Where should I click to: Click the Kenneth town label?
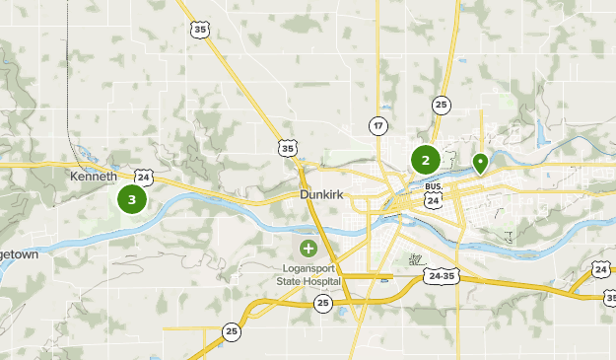pyautogui.click(x=94, y=177)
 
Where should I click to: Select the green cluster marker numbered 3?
pyautogui.click(x=131, y=199)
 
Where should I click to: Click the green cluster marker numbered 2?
pyautogui.click(x=425, y=159)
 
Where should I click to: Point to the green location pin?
pyautogui.click(x=480, y=162)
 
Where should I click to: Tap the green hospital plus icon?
pyautogui.click(x=308, y=248)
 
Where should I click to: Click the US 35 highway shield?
pyautogui.click(x=201, y=30)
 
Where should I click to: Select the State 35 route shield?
pyautogui.click(x=288, y=148)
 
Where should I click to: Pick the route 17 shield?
pyautogui.click(x=378, y=125)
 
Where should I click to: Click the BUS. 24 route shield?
pyautogui.click(x=433, y=193)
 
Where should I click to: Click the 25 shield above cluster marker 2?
pyautogui.click(x=441, y=105)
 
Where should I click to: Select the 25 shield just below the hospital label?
pyautogui.click(x=323, y=302)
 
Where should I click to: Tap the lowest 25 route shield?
pyautogui.click(x=231, y=331)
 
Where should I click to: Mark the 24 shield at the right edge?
pyautogui.click(x=600, y=269)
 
